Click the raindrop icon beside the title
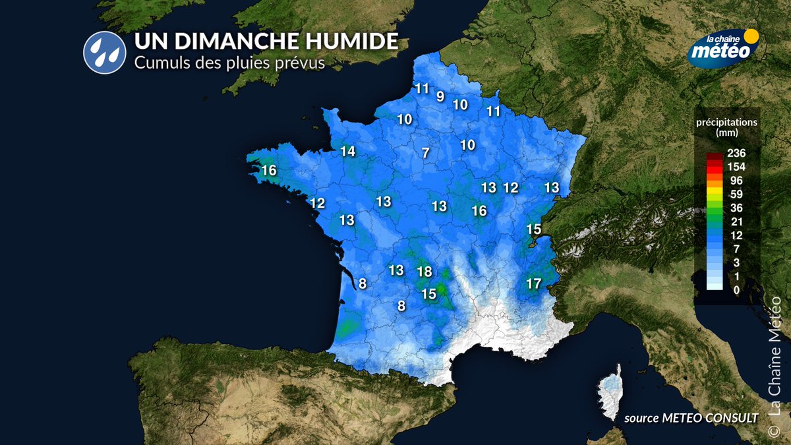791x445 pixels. [x=104, y=53]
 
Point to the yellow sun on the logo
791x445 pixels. [x=749, y=36]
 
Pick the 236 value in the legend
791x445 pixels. [x=736, y=153]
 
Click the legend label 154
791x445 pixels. [x=736, y=166]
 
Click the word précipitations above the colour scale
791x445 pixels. [x=727, y=122]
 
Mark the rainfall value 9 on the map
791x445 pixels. [x=440, y=96]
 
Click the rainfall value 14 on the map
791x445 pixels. [x=347, y=152]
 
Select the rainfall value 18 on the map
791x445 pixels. [x=425, y=272]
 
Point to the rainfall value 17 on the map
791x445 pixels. [x=534, y=284]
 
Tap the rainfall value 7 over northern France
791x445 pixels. [x=425, y=153]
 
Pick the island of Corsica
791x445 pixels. [x=612, y=394]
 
